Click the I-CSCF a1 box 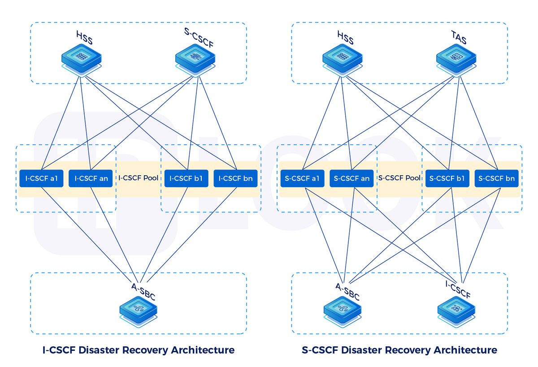[x=41, y=178]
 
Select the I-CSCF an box [x=91, y=178]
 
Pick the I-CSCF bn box [x=235, y=178]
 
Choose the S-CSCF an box [x=352, y=178]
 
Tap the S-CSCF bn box [x=497, y=178]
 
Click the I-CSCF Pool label [x=139, y=178]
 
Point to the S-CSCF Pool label [x=399, y=178]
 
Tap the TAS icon [x=456, y=59]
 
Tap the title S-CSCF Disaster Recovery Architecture [x=399, y=350]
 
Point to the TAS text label [x=458, y=40]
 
